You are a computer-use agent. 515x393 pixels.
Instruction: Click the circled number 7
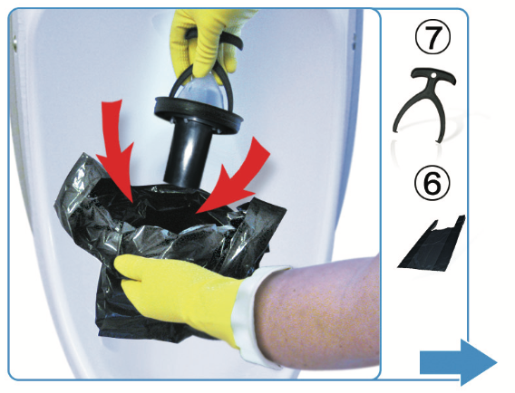432,36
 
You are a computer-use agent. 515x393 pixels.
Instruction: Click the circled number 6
432,182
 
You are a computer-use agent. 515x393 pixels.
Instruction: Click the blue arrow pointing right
458,362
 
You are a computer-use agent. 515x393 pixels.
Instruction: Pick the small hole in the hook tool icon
433,76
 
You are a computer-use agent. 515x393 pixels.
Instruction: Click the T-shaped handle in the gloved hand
215,41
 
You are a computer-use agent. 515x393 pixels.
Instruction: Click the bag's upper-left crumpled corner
71,184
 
